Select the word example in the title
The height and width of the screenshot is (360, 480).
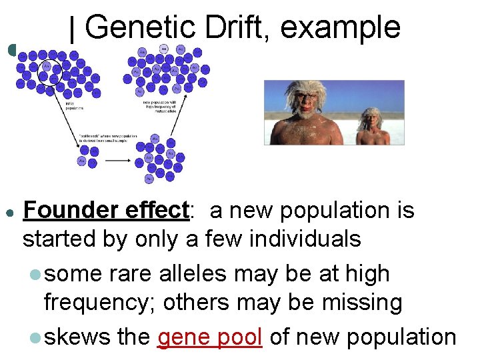tap(341, 28)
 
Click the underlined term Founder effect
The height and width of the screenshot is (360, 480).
tap(107, 211)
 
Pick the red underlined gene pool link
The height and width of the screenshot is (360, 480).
tap(210, 337)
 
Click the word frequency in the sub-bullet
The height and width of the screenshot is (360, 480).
tap(99, 303)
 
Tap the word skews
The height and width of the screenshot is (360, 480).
tap(77, 337)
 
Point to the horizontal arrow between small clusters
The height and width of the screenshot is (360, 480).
tap(118, 161)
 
